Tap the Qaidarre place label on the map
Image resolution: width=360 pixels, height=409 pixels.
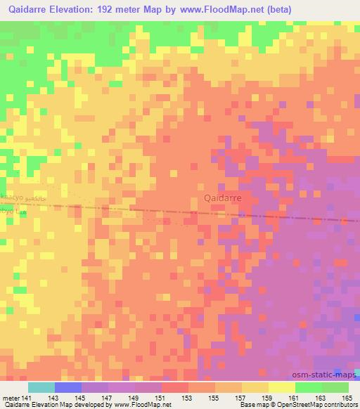coord(222,199)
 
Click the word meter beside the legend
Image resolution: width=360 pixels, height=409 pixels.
coord(10,398)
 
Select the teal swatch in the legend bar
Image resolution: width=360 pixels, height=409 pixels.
coord(41,387)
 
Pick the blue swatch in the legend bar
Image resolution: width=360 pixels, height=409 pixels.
coord(68,387)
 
